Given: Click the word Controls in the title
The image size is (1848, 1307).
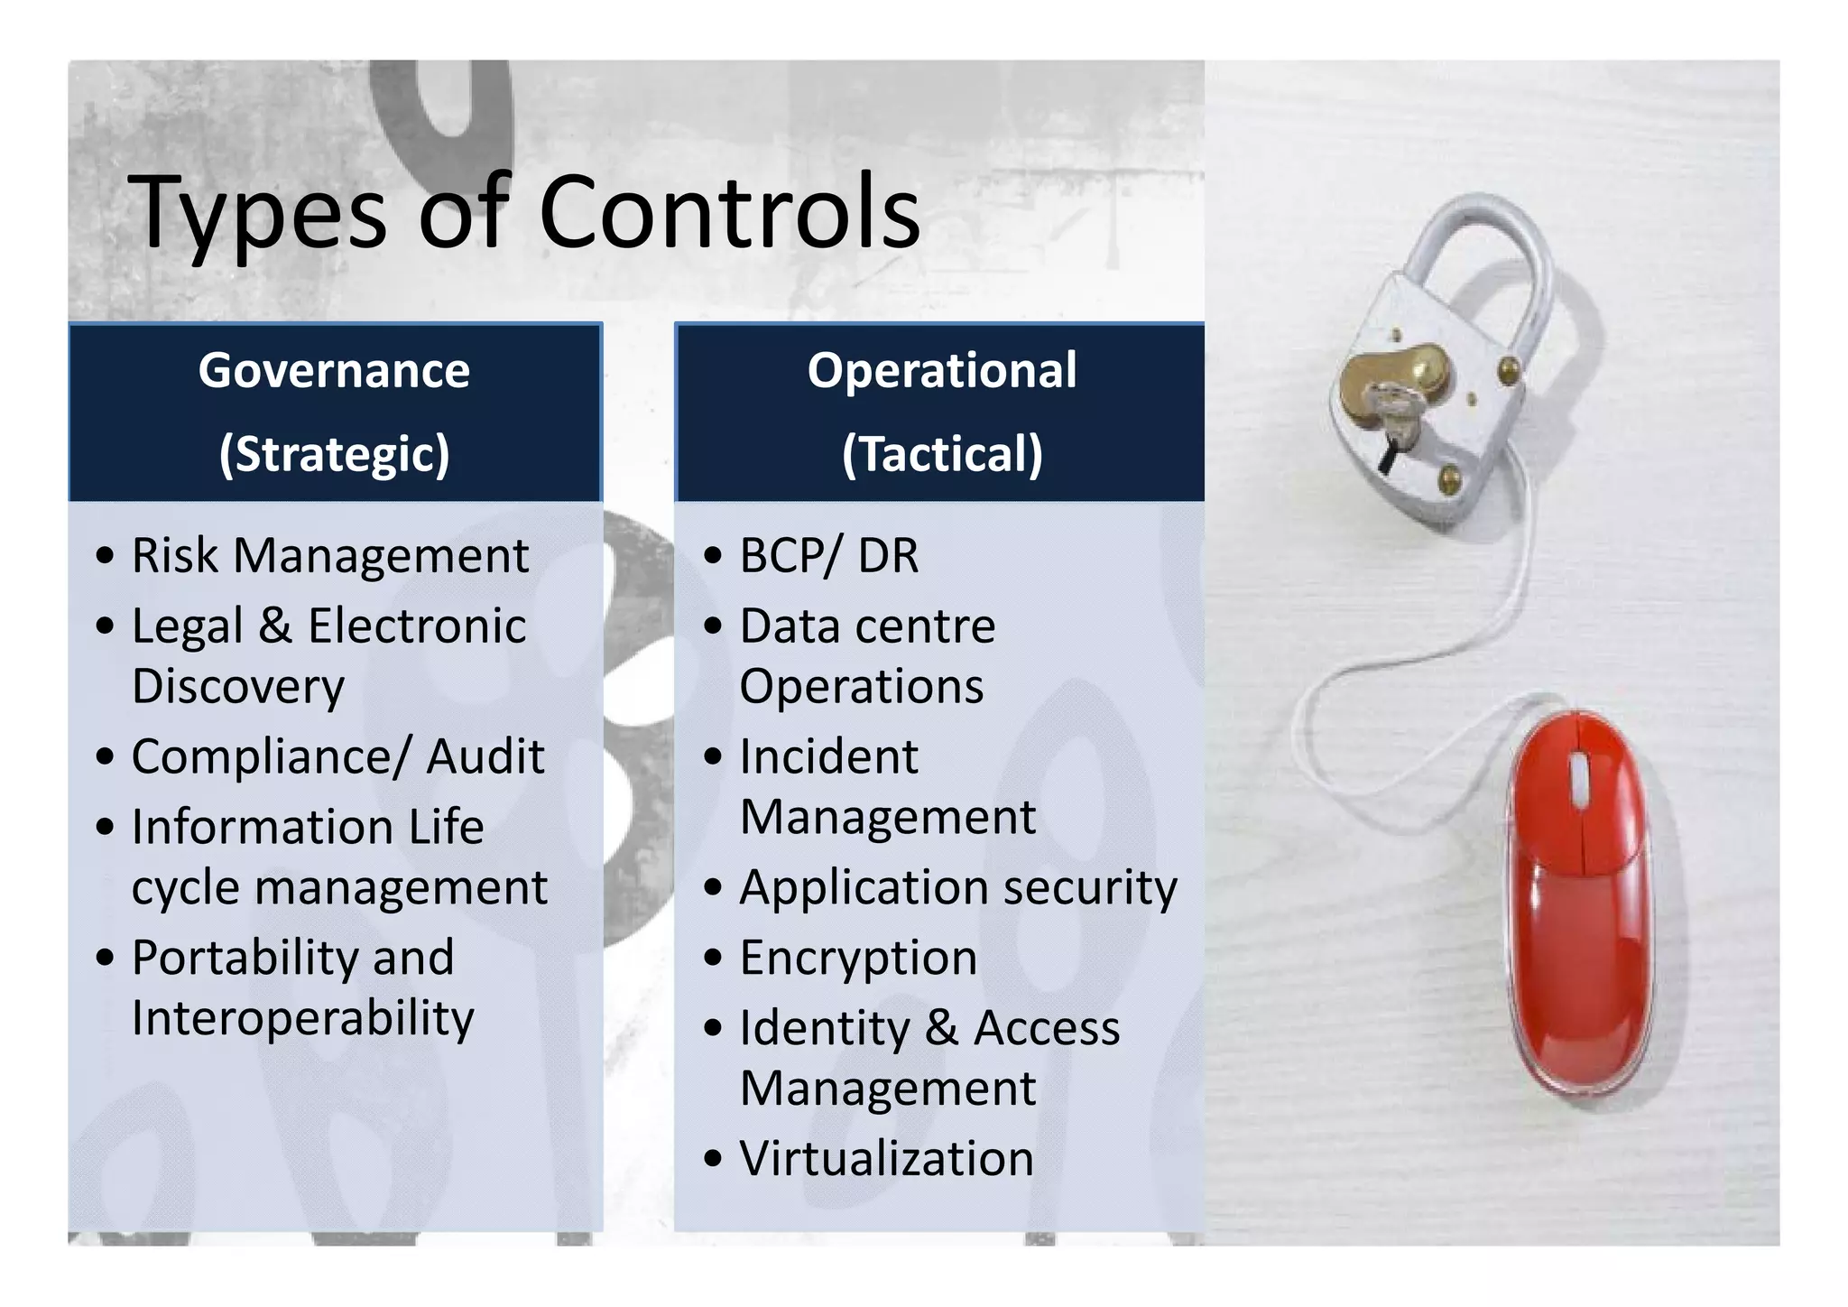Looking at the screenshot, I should click(729, 212).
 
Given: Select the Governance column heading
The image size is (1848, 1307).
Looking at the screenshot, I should click(334, 370).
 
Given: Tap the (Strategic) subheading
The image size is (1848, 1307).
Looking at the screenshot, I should click(334, 453).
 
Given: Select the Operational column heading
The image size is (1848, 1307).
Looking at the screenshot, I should click(941, 370).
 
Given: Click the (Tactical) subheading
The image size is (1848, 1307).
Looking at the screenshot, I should click(941, 453).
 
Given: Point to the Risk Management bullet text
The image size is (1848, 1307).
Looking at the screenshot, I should click(329, 555).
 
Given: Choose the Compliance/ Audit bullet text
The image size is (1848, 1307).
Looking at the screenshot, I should click(337, 756).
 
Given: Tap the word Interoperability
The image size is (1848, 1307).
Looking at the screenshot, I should click(302, 1019).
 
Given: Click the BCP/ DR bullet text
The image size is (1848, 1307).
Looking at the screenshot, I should click(828, 555).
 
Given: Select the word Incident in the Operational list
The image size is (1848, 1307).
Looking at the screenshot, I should click(828, 756).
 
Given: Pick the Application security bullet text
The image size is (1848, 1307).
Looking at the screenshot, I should click(958, 888).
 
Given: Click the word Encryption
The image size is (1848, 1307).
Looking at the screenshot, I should click(858, 959).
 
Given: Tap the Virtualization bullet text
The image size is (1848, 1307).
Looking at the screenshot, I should click(886, 1159).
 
